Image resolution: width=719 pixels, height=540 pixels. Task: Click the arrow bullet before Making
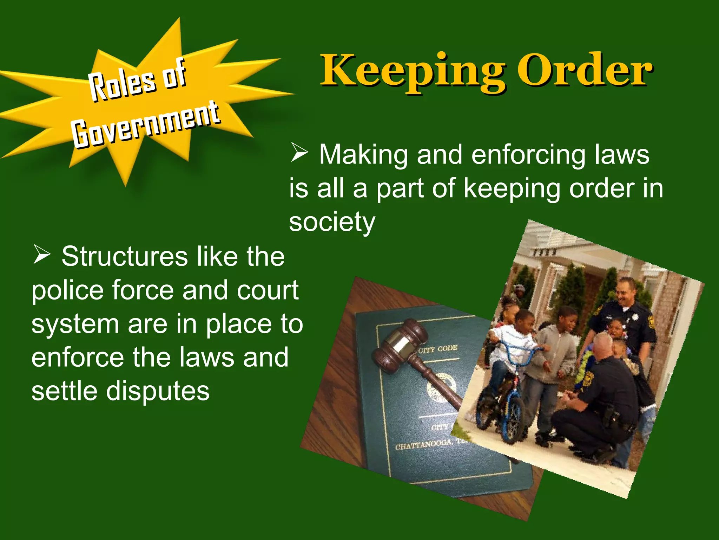[x=299, y=154]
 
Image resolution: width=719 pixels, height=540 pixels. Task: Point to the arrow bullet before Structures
[x=41, y=256]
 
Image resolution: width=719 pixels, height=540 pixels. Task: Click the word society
[x=332, y=222]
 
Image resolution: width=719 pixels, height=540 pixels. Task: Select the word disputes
[x=158, y=391]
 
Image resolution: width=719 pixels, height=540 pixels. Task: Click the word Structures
[x=125, y=257]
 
